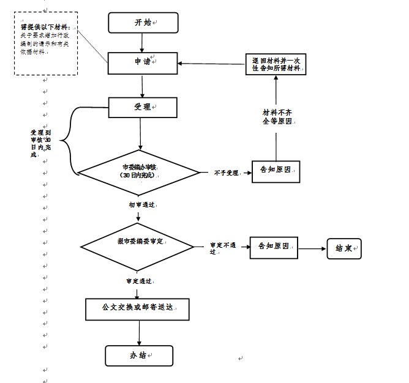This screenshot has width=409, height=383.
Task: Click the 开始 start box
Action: (x=143, y=23)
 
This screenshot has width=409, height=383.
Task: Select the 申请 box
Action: (x=143, y=61)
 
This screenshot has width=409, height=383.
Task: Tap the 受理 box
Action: (x=143, y=107)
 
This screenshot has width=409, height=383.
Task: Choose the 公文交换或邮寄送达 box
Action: (x=137, y=309)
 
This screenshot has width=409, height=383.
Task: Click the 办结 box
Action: (x=139, y=355)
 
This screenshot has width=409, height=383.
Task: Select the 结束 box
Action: (x=344, y=248)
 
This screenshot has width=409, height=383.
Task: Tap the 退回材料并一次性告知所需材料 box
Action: (x=276, y=64)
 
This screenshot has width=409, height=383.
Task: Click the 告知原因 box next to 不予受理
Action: (x=276, y=171)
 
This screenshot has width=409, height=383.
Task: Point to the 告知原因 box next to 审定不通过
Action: (x=273, y=247)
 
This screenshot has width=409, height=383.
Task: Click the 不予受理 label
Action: (x=226, y=173)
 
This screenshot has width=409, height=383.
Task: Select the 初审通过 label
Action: (x=141, y=204)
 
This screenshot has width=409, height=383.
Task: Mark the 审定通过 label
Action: (x=139, y=281)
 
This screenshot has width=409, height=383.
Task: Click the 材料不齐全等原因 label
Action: (x=276, y=116)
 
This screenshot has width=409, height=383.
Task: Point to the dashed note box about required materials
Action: (x=46, y=43)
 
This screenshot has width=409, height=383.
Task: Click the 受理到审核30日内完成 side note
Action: (x=40, y=143)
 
